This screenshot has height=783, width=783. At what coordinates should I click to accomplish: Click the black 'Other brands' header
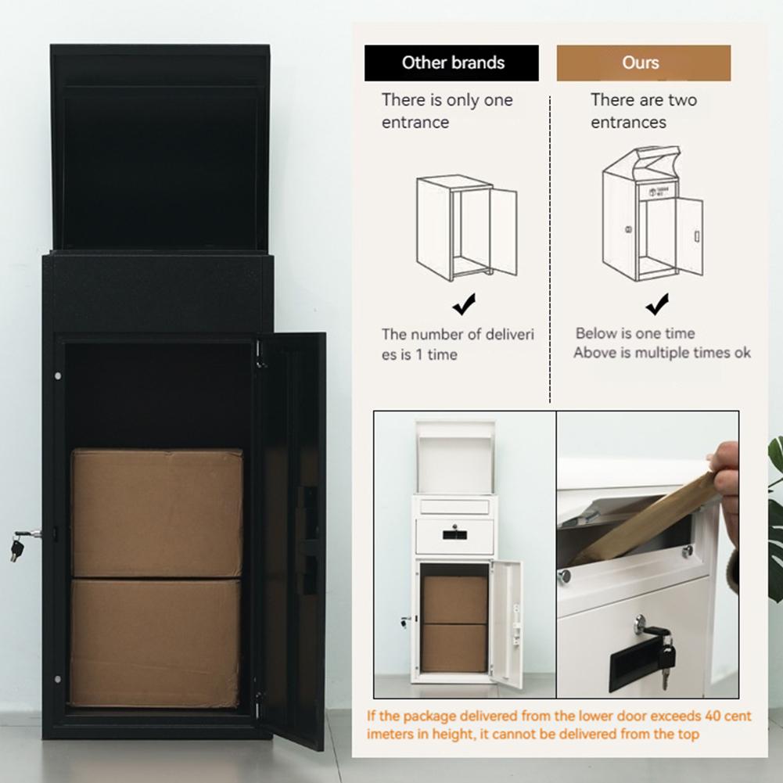click(451, 63)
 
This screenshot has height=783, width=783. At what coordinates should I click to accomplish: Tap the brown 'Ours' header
click(643, 63)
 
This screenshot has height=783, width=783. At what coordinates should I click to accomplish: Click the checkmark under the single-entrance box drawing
click(464, 303)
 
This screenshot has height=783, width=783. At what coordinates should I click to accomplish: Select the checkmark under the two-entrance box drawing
click(657, 303)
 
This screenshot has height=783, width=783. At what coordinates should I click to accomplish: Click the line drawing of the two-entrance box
click(651, 214)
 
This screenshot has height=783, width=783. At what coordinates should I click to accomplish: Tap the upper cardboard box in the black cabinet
click(156, 512)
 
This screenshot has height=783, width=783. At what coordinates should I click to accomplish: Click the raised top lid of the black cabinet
click(160, 149)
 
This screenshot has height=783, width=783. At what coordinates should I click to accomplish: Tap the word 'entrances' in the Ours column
click(628, 123)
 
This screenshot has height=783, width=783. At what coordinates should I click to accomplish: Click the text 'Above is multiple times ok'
click(662, 353)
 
